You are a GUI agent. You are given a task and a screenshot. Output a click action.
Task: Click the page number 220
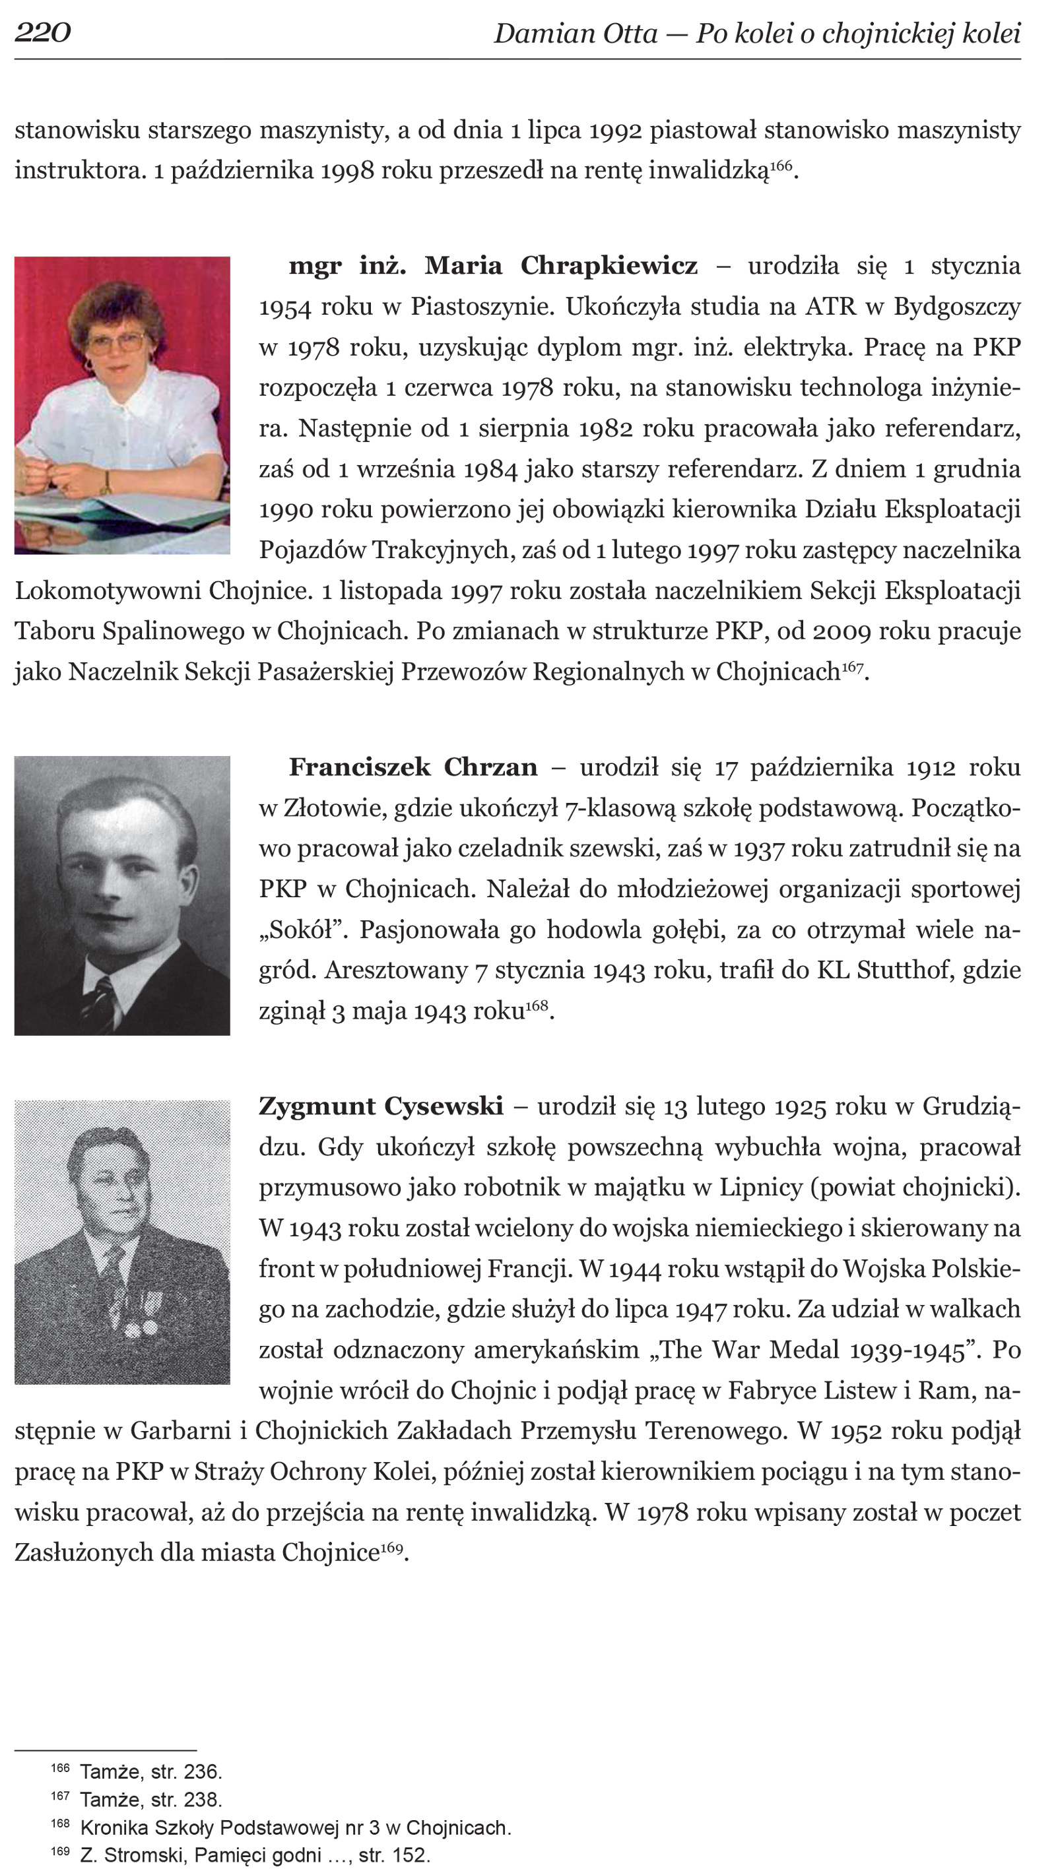42,33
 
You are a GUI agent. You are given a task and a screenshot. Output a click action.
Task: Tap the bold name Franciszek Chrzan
413,767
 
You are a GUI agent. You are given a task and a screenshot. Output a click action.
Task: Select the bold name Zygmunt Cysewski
380,1106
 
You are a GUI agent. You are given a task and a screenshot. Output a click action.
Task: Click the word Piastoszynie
481,307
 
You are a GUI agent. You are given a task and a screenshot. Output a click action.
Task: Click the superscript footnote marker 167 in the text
851,666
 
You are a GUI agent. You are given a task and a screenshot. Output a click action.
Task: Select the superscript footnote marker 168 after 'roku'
536,1005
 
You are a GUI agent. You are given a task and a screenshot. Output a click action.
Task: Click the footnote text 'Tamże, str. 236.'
150,1771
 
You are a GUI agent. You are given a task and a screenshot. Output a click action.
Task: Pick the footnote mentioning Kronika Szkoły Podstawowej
295,1827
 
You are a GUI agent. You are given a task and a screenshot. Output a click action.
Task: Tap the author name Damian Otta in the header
576,34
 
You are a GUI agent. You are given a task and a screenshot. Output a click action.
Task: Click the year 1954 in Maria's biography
285,307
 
